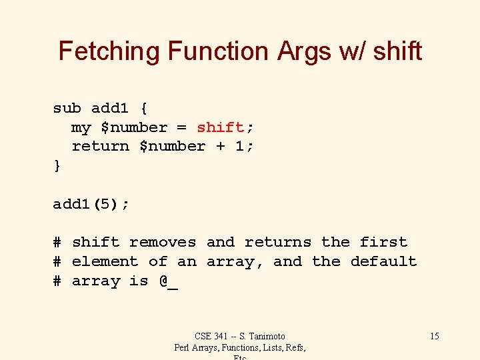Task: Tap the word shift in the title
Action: pos(397,51)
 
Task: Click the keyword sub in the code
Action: pos(67,108)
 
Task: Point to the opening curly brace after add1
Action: pos(143,108)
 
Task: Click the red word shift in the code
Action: pos(220,127)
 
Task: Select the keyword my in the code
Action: pos(81,127)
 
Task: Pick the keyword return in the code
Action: pos(100,146)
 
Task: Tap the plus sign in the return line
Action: pos(221,146)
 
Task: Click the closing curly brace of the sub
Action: pos(57,165)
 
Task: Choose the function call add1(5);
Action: pos(91,204)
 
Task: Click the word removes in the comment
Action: pos(163,242)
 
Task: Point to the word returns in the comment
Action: pos(278,242)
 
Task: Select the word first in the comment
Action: pos(383,242)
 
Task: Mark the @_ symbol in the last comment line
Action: pos(169,281)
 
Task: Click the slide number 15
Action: pos(434,336)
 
